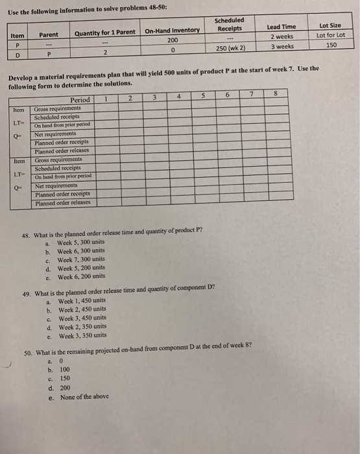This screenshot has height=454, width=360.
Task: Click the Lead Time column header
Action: click(280, 27)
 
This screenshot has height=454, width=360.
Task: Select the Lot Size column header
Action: click(331, 27)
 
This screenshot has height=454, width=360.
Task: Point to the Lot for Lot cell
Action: click(331, 36)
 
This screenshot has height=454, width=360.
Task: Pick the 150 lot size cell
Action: click(331, 46)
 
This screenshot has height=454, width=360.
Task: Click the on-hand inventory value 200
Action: click(172, 40)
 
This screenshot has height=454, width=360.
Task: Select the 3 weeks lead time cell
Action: click(280, 46)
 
